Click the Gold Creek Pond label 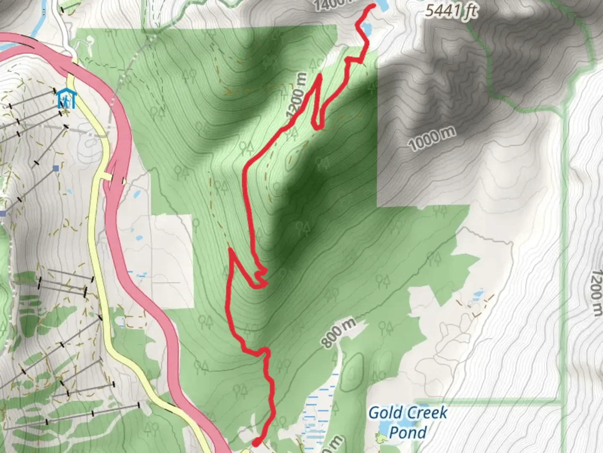407,422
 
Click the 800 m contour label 339,333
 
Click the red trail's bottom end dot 256,442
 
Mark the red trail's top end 373,5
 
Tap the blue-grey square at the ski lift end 56,168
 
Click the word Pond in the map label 407,432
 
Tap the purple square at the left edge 3,214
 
